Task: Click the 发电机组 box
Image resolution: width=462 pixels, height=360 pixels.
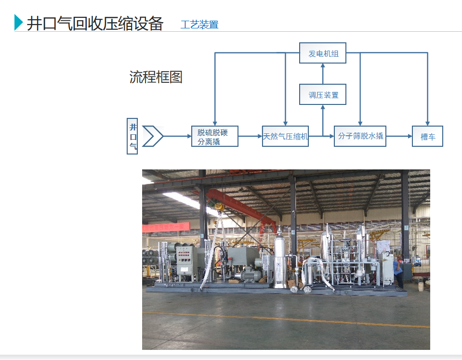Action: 323,53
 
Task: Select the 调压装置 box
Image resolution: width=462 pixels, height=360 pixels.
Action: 323,95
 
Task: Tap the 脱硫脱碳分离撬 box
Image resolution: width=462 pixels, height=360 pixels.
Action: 214,136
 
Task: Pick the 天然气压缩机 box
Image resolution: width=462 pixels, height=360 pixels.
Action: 285,136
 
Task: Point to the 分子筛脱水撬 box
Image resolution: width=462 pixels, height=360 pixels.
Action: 360,136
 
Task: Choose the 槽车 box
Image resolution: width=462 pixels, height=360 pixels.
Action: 427,136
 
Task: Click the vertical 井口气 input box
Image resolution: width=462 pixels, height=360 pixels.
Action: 132,136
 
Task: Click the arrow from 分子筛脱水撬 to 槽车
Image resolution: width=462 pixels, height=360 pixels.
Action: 399,136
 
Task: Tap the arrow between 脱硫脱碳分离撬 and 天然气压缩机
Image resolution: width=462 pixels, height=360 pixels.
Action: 250,136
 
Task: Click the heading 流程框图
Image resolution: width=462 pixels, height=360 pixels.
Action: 156,77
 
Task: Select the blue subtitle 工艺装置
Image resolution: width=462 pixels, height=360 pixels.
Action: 199,25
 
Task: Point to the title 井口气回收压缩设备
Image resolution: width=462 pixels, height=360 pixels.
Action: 95,24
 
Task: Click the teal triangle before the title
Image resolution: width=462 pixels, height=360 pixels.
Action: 19,23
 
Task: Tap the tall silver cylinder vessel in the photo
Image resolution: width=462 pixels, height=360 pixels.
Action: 280,260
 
